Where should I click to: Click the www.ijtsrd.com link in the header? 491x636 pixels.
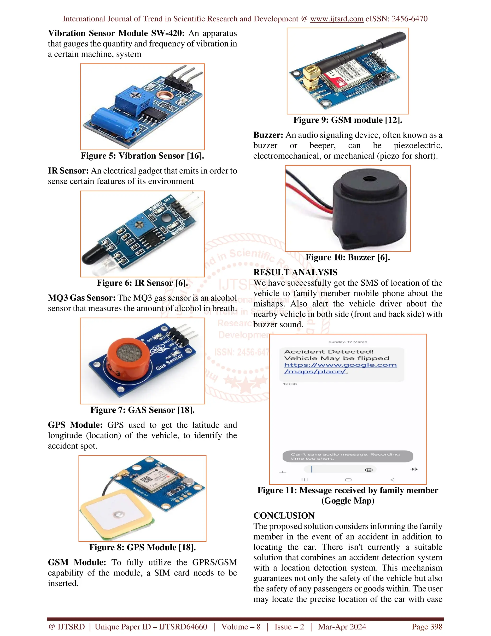tap(337, 19)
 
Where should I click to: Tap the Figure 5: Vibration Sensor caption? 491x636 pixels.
tap(142, 156)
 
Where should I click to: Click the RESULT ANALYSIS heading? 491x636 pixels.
tap(295, 272)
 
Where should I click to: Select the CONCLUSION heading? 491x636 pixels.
tap(284, 516)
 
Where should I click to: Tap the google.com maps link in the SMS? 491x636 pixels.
tap(340, 368)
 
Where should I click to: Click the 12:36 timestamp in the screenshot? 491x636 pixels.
tap(290, 384)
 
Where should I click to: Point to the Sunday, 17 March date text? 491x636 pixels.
tap(348, 342)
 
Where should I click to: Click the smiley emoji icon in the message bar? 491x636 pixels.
tap(368, 470)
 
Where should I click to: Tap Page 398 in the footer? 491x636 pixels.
tap(427, 627)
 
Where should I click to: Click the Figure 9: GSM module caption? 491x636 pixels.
tap(348, 120)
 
